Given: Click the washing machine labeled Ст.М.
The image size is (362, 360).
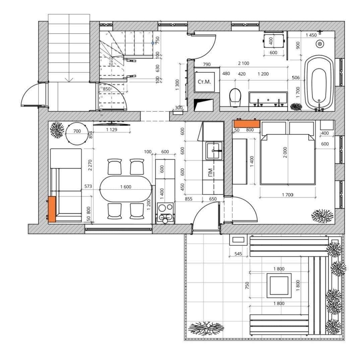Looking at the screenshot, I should [204, 82].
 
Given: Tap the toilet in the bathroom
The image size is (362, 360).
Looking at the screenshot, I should [235, 97].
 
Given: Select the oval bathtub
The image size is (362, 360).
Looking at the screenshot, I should [319, 83].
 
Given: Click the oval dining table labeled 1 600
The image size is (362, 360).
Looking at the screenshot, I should [126, 189].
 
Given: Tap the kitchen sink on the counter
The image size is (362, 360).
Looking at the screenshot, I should [214, 151].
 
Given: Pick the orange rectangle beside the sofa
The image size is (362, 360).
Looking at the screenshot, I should [52, 209].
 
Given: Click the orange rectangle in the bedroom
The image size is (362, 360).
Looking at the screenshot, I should [247, 123].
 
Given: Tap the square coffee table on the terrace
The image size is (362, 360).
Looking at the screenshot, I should [279, 285].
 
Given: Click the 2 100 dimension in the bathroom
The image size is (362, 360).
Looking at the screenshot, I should [243, 63].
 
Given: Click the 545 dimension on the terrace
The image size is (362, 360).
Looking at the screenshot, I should [238, 254].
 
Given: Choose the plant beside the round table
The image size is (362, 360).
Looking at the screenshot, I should [57, 130].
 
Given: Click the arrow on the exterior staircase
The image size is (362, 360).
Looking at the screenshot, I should [69, 79].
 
